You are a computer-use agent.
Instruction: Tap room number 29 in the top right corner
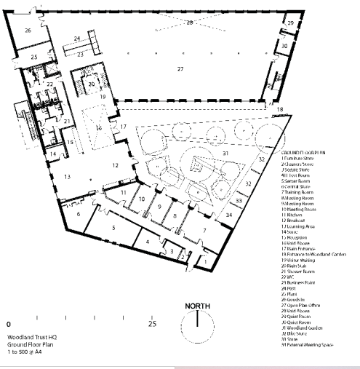tap(290, 24)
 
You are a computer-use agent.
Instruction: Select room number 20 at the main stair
tap(92, 84)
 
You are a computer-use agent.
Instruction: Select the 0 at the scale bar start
tap(9, 322)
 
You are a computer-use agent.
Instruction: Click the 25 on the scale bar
tap(152, 322)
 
